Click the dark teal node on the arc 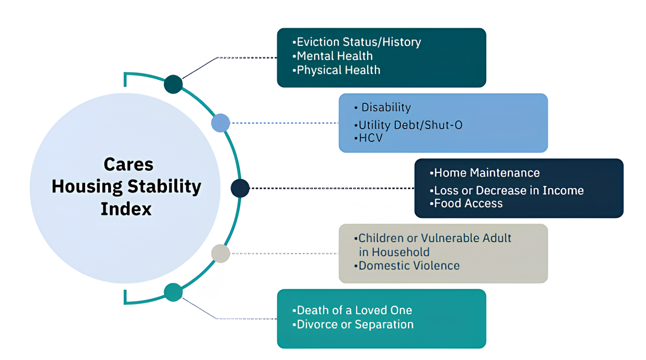coord(173,84)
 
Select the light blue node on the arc coord(220,123)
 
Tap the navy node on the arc coord(240,188)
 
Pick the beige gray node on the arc coord(220,253)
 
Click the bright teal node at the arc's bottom coord(173,292)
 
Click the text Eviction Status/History coord(359,42)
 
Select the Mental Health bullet coord(335,56)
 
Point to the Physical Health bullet coord(338,70)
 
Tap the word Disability coord(386,108)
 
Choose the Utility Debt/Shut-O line coord(410,125)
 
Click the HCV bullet coord(370,137)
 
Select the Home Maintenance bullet coord(487,173)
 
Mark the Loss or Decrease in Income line coord(509,190)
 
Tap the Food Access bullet coord(468,203)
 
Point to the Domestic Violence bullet coord(409,266)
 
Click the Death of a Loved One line coord(354,310)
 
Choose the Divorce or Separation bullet coord(355,325)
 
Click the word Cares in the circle coord(129,165)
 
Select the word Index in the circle coord(126,209)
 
